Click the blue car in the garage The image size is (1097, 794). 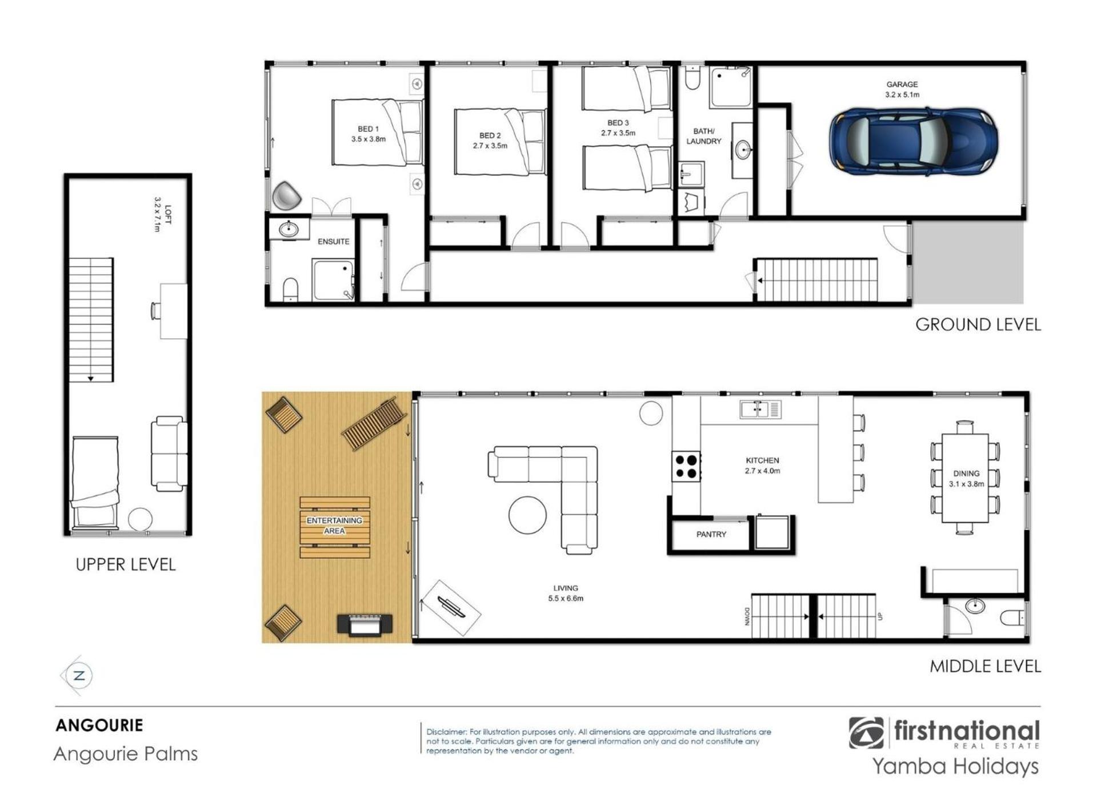(x=914, y=141)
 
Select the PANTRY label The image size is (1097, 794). (x=711, y=535)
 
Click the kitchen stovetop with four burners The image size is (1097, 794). (x=686, y=466)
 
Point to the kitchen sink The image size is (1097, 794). (x=760, y=409)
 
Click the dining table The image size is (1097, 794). (x=965, y=478)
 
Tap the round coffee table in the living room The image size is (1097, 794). (x=527, y=515)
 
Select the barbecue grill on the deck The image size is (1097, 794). (x=365, y=624)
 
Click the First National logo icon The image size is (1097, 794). (x=866, y=733)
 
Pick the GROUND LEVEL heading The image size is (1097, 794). (x=978, y=324)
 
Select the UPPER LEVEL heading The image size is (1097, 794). (x=126, y=564)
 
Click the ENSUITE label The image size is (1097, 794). (x=334, y=242)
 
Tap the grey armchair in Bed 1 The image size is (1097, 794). (x=286, y=196)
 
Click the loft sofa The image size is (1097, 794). (x=169, y=454)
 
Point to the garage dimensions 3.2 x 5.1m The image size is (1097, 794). (x=902, y=95)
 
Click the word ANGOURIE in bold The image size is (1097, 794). (x=99, y=725)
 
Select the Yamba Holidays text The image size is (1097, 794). (x=955, y=766)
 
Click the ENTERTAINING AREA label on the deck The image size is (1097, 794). (x=334, y=526)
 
